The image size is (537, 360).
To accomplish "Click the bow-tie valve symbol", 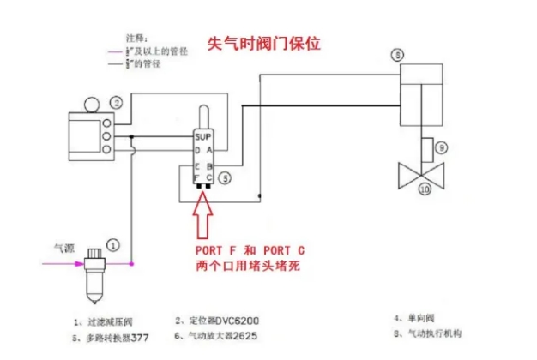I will (x=423, y=175).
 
